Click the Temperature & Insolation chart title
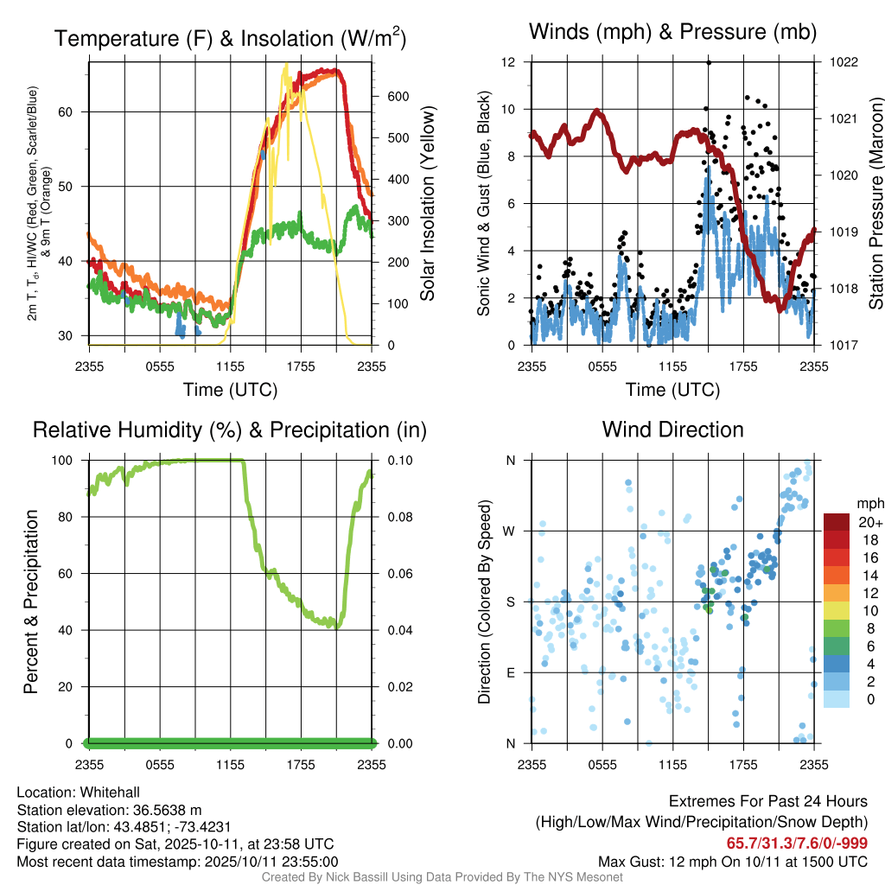click(x=230, y=38)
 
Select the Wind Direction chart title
click(x=672, y=430)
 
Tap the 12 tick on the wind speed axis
click(x=509, y=62)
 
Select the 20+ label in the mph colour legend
click(x=869, y=522)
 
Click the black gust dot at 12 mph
click(x=709, y=62)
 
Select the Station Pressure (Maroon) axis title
click(x=875, y=203)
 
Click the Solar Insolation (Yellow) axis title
click(x=427, y=203)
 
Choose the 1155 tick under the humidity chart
click(x=231, y=764)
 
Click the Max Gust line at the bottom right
click(x=733, y=862)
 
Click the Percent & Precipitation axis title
click(x=31, y=602)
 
